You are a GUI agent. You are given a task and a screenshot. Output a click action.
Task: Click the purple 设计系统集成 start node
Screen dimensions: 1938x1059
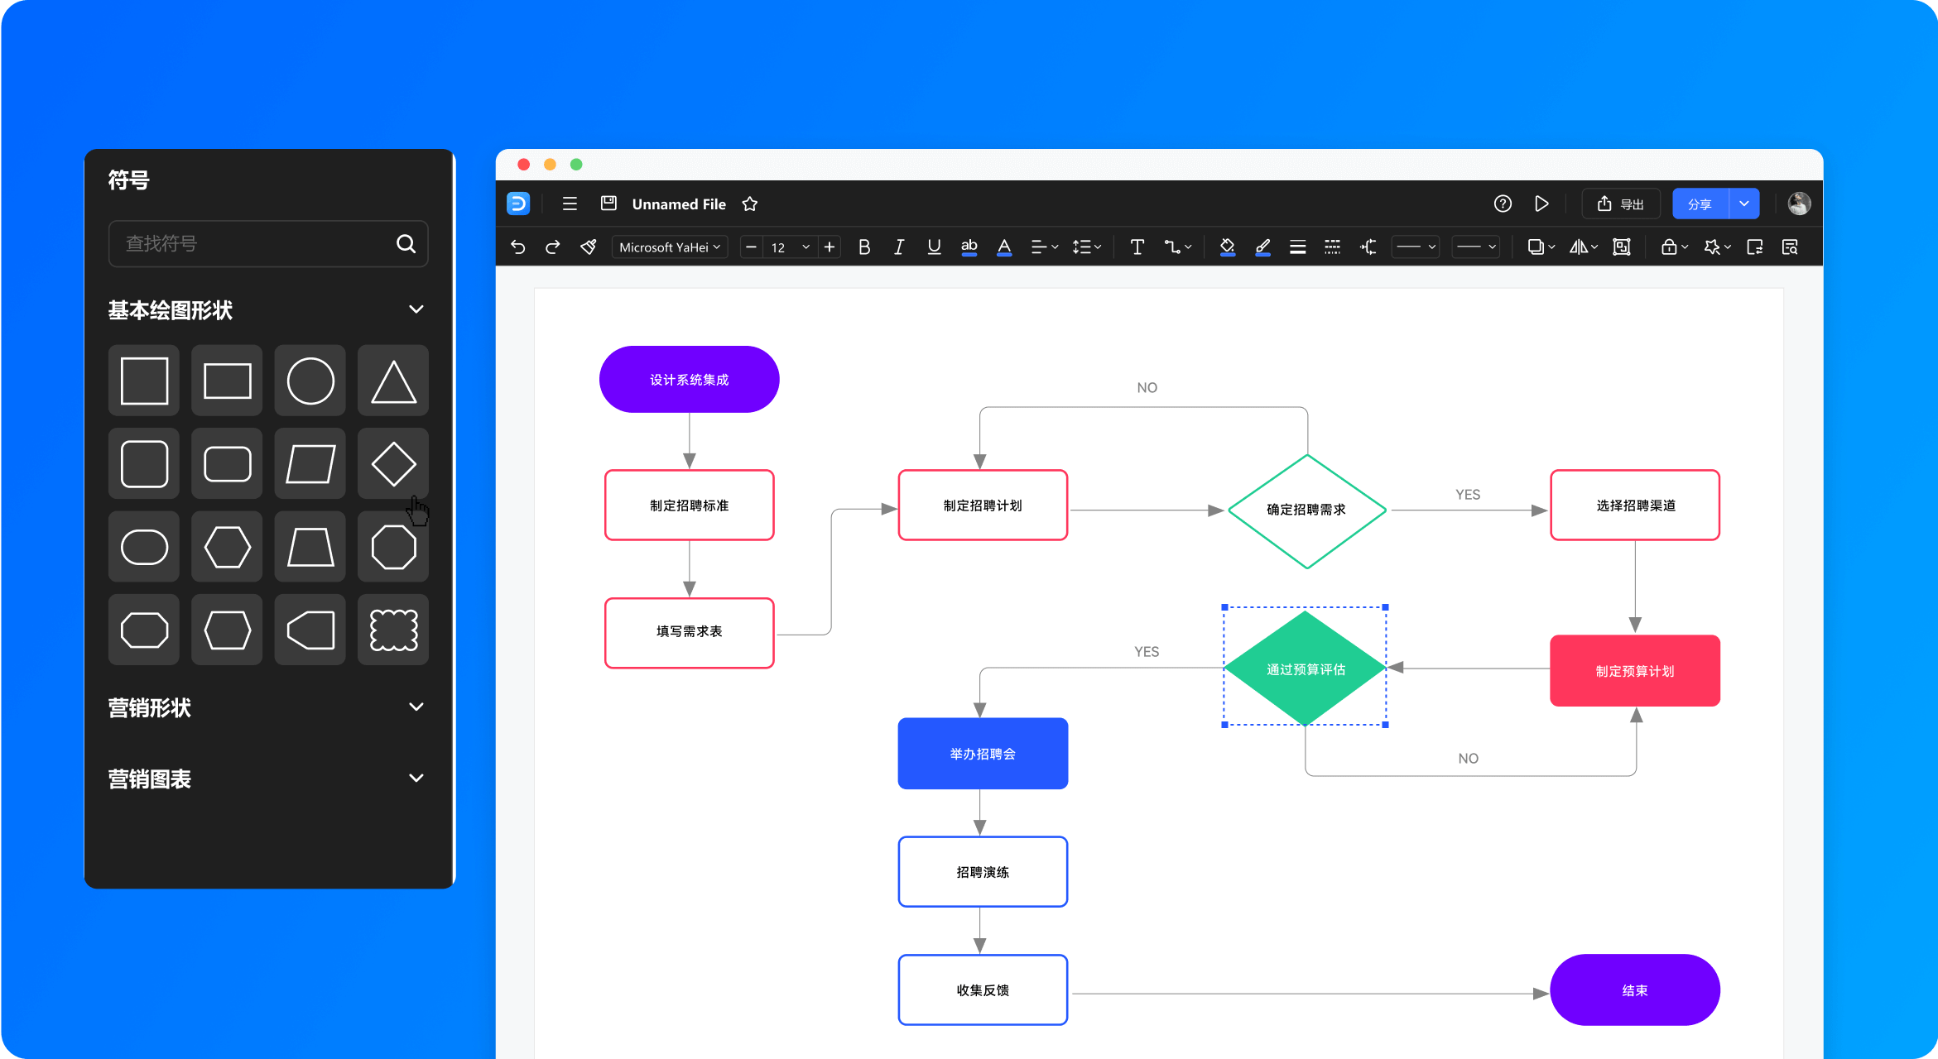click(689, 379)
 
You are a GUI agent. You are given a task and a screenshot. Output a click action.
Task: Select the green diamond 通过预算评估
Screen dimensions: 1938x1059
click(1305, 668)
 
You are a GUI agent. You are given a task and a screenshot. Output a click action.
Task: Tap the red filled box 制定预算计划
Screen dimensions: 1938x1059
click(1635, 670)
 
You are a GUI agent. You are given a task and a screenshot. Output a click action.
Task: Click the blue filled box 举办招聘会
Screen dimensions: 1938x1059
click(983, 753)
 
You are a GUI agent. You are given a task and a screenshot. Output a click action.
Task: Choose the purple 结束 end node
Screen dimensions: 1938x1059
click(1635, 990)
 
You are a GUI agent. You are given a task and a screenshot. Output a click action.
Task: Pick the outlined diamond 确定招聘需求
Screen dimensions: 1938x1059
click(1307, 510)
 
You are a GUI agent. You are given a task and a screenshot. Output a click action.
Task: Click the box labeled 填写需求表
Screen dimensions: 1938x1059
click(689, 632)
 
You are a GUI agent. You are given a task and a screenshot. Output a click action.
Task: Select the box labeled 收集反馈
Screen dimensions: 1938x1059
click(983, 990)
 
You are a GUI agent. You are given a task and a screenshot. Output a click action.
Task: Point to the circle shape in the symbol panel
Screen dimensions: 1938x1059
click(310, 381)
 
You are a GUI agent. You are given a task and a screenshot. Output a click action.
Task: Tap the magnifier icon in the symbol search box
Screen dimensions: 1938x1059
click(406, 243)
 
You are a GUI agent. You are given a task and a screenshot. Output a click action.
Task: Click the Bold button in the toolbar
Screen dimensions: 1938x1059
click(864, 247)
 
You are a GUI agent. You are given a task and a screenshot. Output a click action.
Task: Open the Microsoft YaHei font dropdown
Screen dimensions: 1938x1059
click(670, 247)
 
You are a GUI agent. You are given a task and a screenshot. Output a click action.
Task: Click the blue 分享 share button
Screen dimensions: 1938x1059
click(1700, 204)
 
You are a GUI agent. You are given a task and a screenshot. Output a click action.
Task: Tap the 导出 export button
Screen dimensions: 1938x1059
click(1621, 204)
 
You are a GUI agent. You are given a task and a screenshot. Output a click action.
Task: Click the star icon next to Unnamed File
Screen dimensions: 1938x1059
click(750, 204)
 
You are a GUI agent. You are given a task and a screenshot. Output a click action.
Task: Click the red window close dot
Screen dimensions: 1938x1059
click(523, 164)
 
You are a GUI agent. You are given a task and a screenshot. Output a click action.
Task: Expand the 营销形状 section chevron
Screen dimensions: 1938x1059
click(416, 707)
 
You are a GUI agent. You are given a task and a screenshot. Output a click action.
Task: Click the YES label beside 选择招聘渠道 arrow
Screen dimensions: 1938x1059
click(1468, 494)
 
